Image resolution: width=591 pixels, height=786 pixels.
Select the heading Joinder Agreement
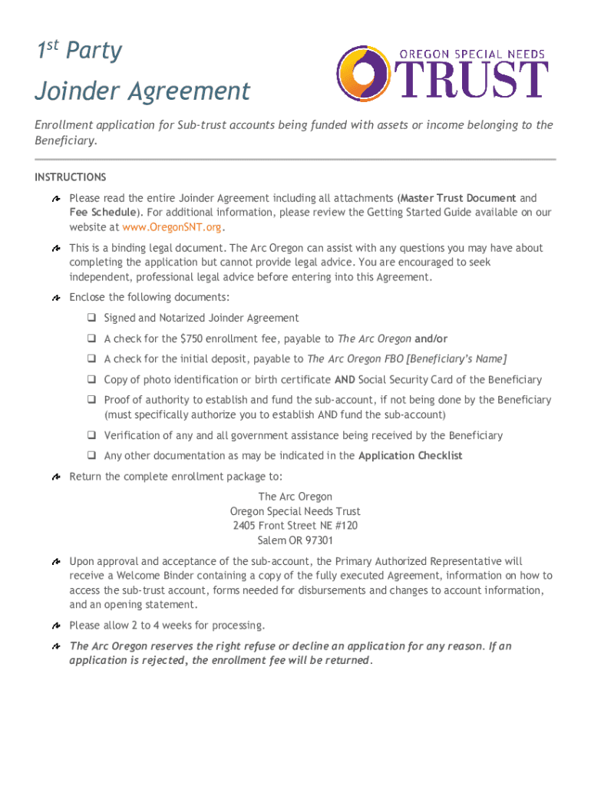click(x=142, y=91)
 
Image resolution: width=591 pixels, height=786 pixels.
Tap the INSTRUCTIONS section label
click(x=70, y=177)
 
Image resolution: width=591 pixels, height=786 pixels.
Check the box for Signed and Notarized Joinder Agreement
click(x=91, y=318)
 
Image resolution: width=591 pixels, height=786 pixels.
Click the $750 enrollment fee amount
click(x=192, y=339)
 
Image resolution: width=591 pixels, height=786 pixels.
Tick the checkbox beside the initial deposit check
click(x=91, y=359)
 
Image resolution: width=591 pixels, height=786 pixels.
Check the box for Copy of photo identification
click(x=91, y=380)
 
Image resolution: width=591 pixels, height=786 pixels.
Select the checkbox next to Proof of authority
click(x=91, y=401)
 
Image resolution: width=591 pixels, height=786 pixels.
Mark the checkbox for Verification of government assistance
click(x=91, y=436)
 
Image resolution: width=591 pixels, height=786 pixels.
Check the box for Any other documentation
click(x=91, y=456)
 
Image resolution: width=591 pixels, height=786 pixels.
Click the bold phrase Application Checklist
click(x=410, y=456)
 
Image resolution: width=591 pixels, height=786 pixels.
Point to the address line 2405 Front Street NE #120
click(x=295, y=526)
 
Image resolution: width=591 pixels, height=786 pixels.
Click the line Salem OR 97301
click(x=295, y=540)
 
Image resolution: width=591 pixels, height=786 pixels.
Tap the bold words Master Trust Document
click(x=458, y=198)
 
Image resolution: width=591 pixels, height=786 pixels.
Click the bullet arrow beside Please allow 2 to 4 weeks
click(x=57, y=626)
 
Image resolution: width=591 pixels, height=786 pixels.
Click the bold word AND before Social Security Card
click(x=345, y=380)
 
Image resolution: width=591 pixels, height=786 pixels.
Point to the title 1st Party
click(x=80, y=51)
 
